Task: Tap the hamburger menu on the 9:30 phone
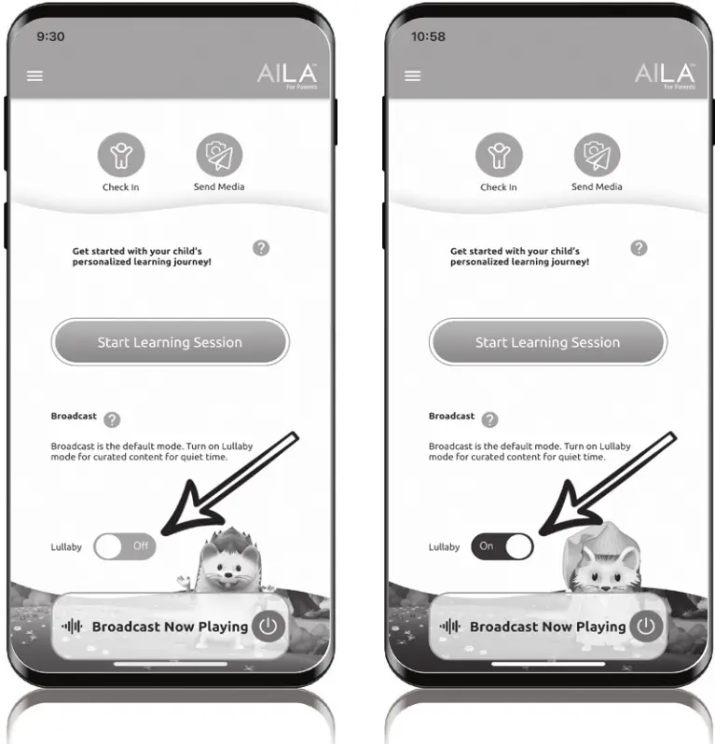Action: [x=34, y=76]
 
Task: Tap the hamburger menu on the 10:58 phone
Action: [x=412, y=76]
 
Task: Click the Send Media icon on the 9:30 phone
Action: [x=219, y=155]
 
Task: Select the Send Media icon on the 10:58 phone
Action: [x=597, y=155]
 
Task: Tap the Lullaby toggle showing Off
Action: [x=125, y=546]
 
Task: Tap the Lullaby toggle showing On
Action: [x=502, y=546]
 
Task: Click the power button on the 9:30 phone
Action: [x=268, y=627]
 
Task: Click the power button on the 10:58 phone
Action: [x=646, y=627]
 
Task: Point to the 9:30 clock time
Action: [x=50, y=36]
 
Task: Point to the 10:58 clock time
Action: [x=428, y=36]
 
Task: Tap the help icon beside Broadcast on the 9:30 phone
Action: [x=112, y=420]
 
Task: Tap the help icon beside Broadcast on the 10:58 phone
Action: [x=489, y=420]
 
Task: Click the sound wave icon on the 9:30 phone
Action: [x=72, y=627]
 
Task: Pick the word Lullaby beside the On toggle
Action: [x=444, y=547]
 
